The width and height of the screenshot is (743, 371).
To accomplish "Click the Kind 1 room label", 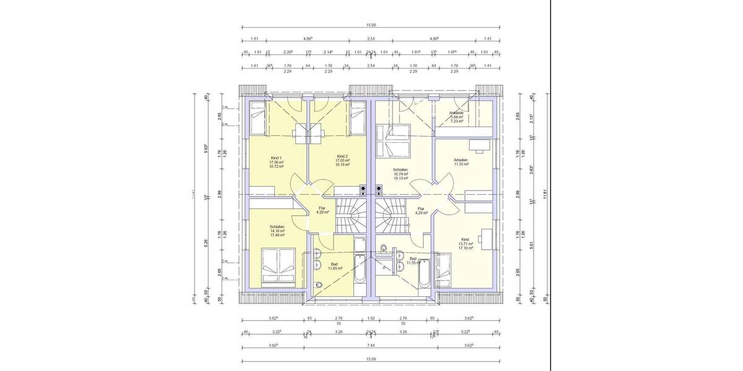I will point(276,156).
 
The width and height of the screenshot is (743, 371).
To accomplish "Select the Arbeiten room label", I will point(461,160).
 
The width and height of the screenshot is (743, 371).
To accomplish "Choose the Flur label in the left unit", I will point(322,208).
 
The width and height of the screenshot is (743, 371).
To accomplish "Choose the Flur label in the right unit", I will point(421,208).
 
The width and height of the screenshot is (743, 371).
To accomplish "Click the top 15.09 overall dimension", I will point(371,25).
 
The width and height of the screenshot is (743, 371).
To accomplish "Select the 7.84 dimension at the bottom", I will point(371,346).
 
